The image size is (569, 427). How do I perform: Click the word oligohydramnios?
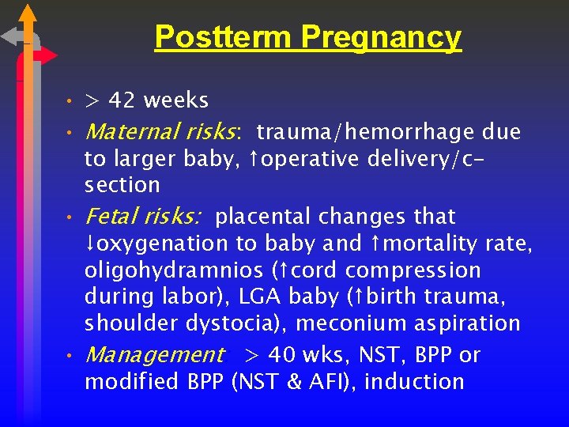[x=173, y=271]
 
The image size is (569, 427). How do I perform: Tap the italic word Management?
[x=154, y=355]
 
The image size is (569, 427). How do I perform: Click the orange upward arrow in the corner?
[x=27, y=20]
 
